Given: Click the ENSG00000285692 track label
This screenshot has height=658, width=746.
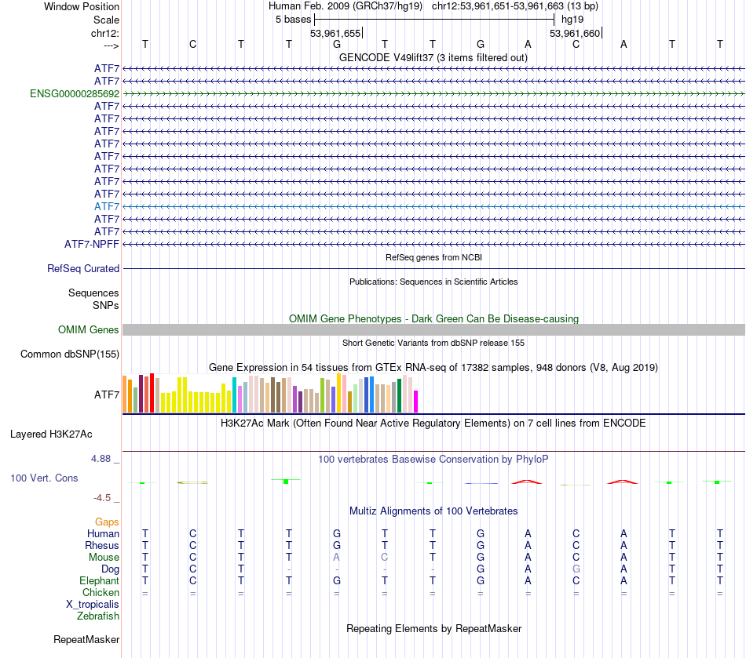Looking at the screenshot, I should tap(75, 93).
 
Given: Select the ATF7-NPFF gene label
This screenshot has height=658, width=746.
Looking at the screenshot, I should tap(92, 244).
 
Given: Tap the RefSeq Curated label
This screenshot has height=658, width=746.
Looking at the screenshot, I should tap(83, 268).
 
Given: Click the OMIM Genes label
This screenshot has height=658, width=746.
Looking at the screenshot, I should tap(89, 329).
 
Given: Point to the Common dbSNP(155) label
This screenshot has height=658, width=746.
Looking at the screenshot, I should tap(70, 354).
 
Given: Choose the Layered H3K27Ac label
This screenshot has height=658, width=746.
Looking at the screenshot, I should tap(51, 434).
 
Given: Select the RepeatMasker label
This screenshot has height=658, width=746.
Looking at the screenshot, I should tap(86, 640).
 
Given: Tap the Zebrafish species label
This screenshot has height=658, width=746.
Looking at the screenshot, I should tap(98, 616).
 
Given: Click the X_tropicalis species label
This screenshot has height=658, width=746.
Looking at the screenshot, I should tap(93, 605).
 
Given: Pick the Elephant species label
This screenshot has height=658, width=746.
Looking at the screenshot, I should tap(99, 581).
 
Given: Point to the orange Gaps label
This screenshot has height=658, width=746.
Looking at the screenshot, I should tap(107, 522).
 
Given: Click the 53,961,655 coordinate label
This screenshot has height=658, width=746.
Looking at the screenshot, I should tap(335, 33).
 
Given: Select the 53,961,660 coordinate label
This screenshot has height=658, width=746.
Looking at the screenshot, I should tap(575, 33).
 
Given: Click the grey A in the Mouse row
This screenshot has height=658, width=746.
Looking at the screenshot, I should tap(337, 557).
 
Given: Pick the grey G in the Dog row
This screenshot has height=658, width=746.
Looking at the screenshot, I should tap(576, 569).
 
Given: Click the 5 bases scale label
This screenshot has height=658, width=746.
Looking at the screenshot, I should tap(294, 19).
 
